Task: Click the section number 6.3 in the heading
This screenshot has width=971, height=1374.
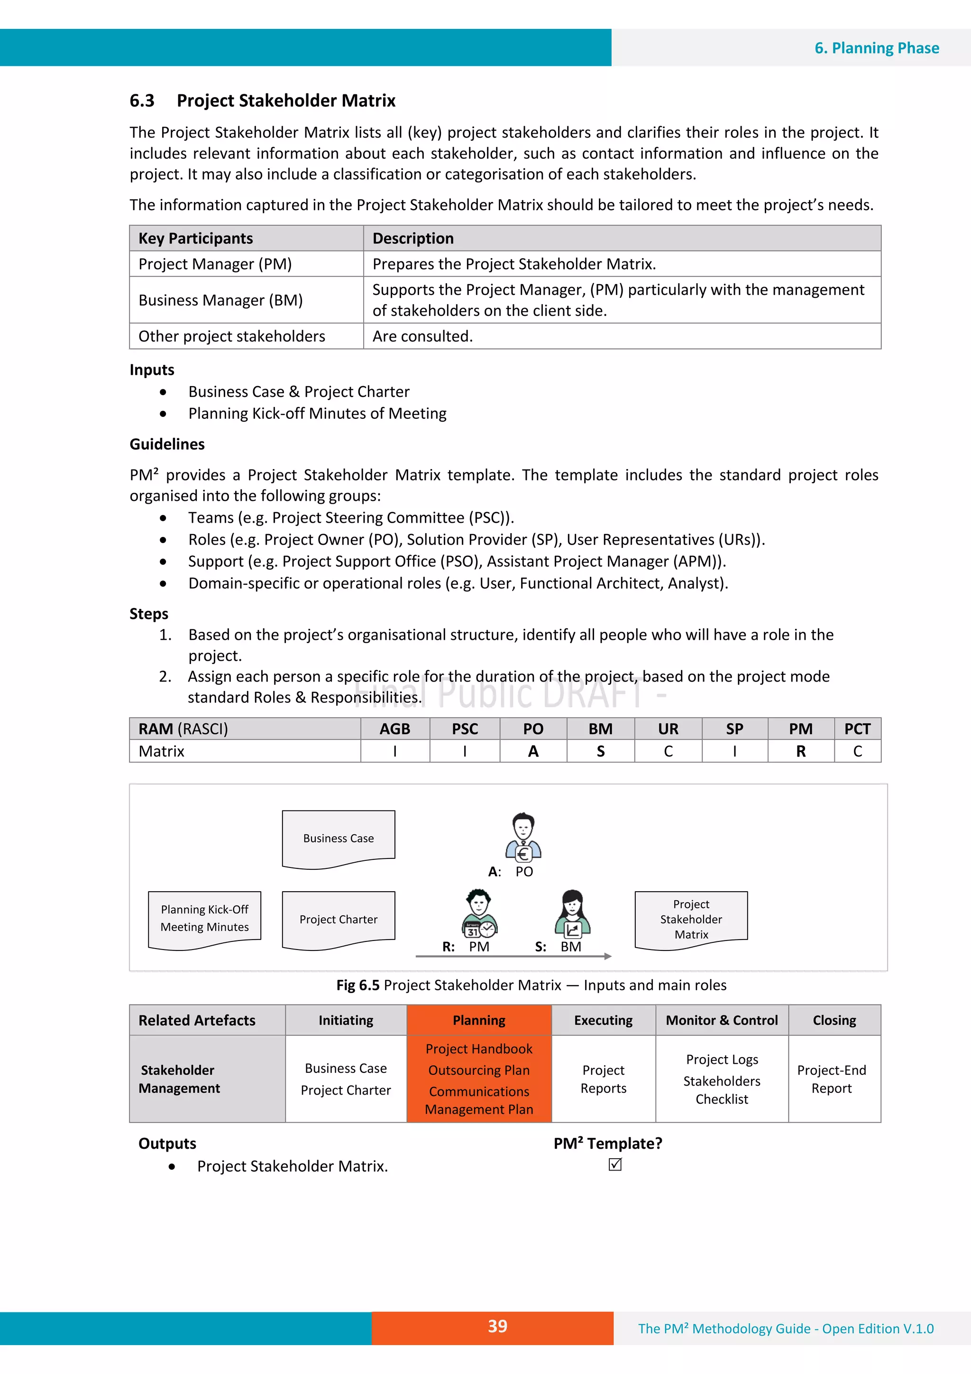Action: tap(142, 101)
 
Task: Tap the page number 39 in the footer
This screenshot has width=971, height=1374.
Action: tap(497, 1326)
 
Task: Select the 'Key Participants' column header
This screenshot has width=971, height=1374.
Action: tap(196, 238)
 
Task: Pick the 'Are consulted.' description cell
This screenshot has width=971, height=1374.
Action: tap(422, 336)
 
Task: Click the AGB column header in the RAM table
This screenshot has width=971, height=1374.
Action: tap(395, 729)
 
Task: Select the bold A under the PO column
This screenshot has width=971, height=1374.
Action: tap(533, 751)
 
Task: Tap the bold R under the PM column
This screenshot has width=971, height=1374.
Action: tap(800, 751)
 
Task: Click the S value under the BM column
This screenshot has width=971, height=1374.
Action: tap(600, 751)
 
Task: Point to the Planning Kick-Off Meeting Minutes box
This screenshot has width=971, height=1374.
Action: tap(205, 918)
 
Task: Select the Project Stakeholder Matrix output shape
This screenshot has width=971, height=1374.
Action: tap(691, 919)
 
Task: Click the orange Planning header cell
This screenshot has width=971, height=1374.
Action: tap(478, 1020)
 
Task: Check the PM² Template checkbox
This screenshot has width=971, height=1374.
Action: tap(615, 1164)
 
